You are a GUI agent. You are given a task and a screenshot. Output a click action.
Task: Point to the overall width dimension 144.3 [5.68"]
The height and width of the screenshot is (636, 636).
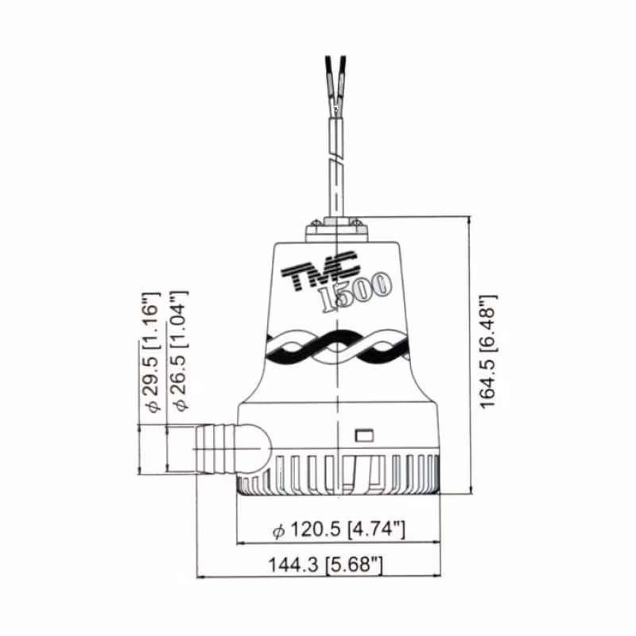point(326,564)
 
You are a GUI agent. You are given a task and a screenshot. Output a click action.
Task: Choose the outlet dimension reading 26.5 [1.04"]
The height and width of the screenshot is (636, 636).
point(180,350)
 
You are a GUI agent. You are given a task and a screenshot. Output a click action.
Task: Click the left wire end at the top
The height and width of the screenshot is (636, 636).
point(329,68)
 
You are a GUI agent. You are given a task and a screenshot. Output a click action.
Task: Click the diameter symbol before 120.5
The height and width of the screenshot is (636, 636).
point(278,529)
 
